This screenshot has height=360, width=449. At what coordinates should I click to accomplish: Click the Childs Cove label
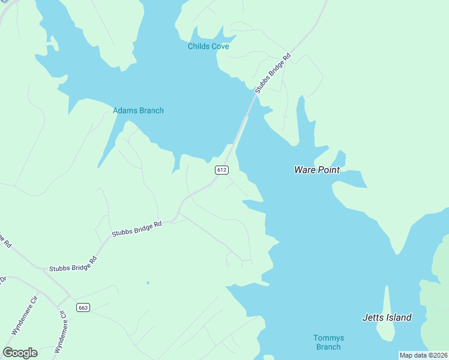click(x=208, y=46)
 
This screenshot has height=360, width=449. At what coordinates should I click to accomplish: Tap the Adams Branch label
click(x=138, y=110)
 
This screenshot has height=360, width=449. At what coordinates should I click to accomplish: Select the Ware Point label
click(x=317, y=170)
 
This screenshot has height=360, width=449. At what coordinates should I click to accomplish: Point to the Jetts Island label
click(x=387, y=317)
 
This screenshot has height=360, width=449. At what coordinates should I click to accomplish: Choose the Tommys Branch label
click(x=328, y=342)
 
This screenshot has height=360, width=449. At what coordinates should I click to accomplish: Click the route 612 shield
click(x=221, y=170)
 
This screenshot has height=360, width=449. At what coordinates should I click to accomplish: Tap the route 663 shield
click(x=83, y=307)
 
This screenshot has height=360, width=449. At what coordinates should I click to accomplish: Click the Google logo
click(x=20, y=353)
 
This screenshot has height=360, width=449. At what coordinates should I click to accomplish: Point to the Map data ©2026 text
click(x=423, y=355)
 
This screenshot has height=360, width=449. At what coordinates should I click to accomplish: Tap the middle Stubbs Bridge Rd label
click(x=137, y=228)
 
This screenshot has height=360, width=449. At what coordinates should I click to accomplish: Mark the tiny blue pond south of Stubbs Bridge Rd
click(x=148, y=283)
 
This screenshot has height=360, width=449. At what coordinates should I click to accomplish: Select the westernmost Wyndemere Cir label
click(x=24, y=316)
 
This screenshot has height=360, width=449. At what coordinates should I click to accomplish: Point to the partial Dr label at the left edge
click(x=2, y=280)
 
